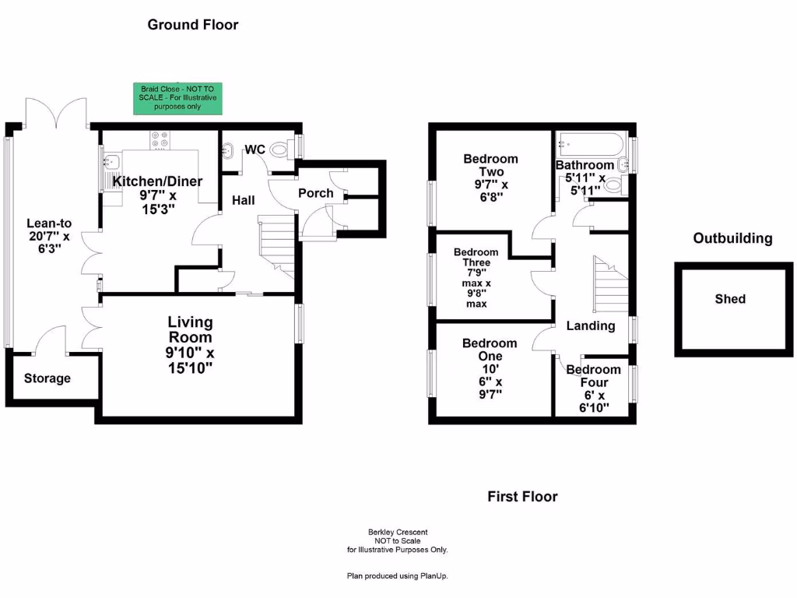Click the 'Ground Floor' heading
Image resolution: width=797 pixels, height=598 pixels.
193,25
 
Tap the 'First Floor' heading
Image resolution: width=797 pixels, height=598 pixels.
522,496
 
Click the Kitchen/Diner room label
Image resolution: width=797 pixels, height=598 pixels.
158,181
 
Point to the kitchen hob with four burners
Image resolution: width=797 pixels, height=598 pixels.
160,139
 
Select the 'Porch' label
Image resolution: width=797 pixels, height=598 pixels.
316,193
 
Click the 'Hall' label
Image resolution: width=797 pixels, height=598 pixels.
244,201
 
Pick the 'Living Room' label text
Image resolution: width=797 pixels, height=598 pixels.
191,329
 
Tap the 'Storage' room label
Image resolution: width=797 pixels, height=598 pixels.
47,378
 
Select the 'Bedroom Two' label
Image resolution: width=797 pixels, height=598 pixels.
490,165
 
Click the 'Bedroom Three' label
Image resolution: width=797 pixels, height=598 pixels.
476,258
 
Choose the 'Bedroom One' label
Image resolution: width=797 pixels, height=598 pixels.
490,350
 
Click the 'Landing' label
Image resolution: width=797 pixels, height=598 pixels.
591,325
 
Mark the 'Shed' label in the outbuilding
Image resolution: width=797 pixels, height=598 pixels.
730,299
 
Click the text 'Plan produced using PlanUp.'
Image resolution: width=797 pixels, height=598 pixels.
398,576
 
